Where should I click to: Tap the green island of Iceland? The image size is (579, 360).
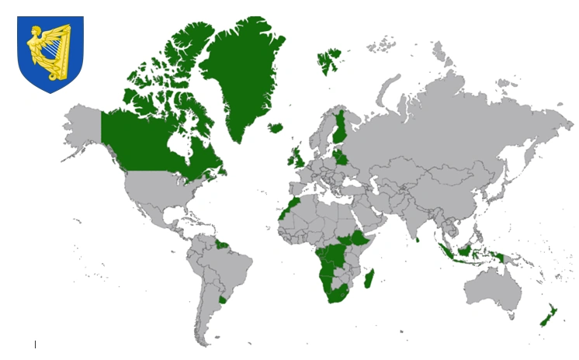(275, 128)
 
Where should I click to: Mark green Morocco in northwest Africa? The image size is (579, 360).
(291, 206)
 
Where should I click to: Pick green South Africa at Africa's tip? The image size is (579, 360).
(337, 294)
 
